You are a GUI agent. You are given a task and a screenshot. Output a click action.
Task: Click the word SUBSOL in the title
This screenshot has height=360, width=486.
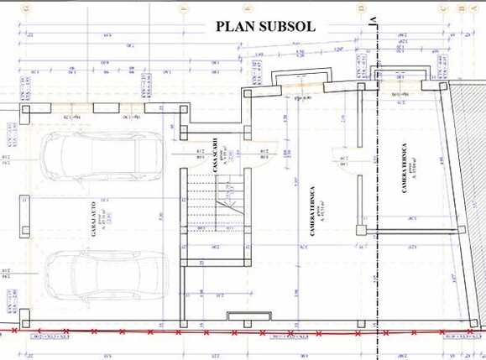[x=286, y=26]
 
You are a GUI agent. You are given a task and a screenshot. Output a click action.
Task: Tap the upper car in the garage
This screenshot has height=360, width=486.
[x=82, y=160]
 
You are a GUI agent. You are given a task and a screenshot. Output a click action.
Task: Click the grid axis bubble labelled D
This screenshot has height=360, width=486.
[x=362, y=8]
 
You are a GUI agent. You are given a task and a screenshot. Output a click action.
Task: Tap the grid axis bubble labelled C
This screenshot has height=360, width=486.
[x=443, y=8]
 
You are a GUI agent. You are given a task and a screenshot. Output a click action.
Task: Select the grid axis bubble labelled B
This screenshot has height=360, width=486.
[x=462, y=8]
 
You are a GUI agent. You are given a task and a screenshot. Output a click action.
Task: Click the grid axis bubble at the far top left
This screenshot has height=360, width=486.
[x=29, y=8]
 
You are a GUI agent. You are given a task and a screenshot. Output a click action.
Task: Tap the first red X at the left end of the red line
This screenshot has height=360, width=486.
[x=18, y=333]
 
